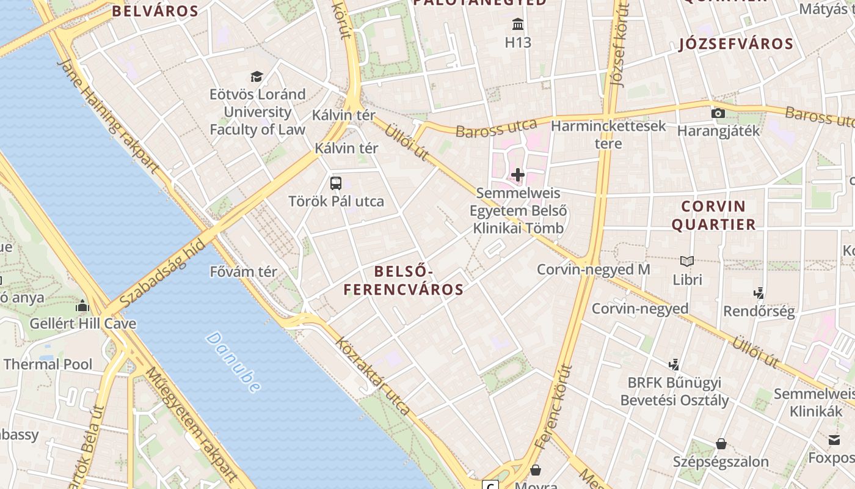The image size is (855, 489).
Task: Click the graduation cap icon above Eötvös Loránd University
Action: [x=256, y=77]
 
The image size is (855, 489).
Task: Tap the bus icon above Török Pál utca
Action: [x=336, y=183]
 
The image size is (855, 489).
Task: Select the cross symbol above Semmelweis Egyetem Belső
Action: [x=518, y=175]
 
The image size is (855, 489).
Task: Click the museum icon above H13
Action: [x=518, y=25]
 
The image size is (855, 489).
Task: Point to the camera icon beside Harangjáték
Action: [x=718, y=113]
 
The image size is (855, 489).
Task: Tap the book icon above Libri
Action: [x=687, y=262]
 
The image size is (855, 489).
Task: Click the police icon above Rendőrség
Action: [x=759, y=293]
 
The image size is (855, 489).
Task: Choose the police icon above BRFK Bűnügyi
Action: [x=674, y=365]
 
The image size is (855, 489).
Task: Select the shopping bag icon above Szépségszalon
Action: [x=721, y=443]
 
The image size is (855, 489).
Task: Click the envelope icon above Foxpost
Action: [x=834, y=439]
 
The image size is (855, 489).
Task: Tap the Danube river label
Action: [x=233, y=362]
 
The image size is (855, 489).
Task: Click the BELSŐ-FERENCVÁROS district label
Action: [x=403, y=280]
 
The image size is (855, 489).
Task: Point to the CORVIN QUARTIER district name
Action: [x=713, y=215]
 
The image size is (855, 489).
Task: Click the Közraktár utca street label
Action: [x=373, y=377]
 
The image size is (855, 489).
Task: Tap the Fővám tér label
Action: [x=243, y=271]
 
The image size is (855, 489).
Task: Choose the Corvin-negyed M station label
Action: [x=593, y=269]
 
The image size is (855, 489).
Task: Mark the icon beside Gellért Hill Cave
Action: [x=82, y=306]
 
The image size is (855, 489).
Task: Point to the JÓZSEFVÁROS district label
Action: [x=735, y=44]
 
